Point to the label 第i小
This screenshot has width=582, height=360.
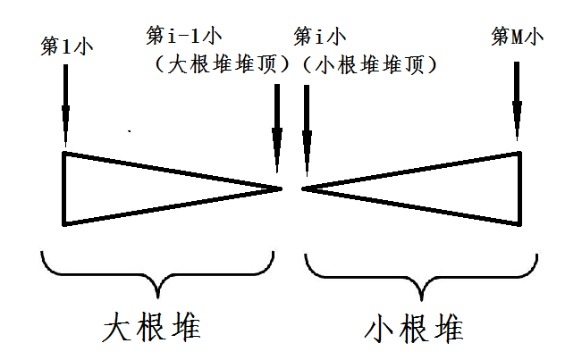tap(320, 38)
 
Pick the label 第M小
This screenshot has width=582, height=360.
tap(518, 38)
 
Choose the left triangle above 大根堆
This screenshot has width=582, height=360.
tap(134, 188)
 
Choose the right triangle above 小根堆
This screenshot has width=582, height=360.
tap(447, 188)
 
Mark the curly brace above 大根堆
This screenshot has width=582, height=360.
tap(157, 273)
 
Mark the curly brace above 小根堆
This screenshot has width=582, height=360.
tap(420, 273)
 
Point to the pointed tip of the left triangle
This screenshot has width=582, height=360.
tap(281, 188)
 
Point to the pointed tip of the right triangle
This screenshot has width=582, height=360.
tap(305, 188)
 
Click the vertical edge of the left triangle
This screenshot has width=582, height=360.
tap(63, 188)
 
